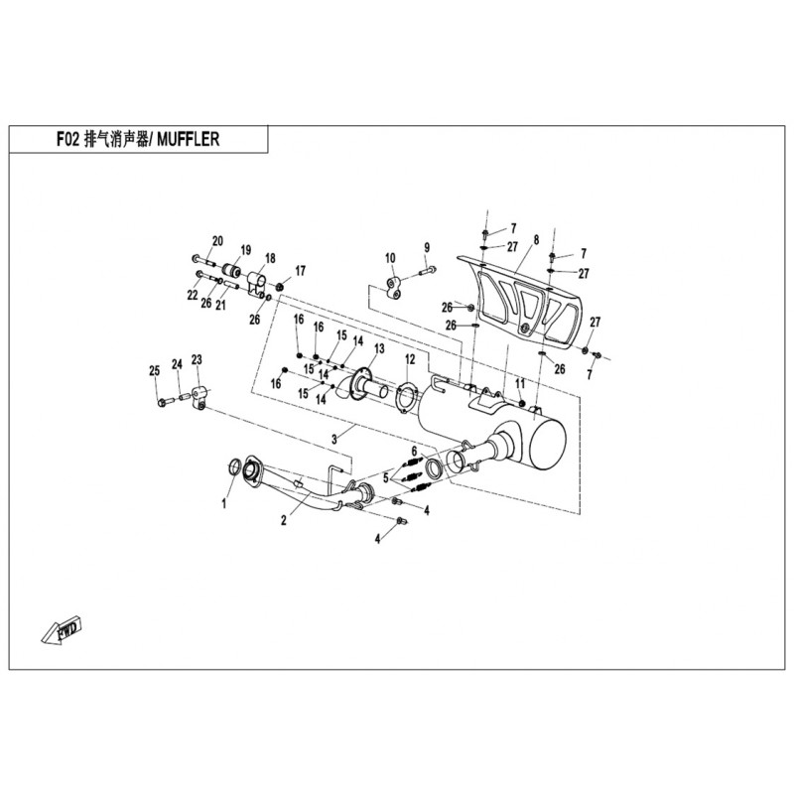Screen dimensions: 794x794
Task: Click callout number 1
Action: (224, 504)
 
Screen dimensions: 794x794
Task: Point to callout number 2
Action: (284, 519)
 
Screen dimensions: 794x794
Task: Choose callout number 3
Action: (335, 438)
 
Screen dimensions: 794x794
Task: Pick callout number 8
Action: (536, 240)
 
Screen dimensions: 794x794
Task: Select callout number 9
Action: (426, 247)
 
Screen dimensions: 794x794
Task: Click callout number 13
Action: (378, 348)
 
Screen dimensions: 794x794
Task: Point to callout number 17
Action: (300, 270)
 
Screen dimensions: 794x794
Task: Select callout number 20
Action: (218, 240)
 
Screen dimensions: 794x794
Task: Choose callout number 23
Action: (197, 359)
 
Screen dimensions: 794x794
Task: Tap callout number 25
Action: (154, 371)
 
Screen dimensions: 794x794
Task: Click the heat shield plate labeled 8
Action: (526, 298)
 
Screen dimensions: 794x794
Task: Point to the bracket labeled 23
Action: (201, 396)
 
